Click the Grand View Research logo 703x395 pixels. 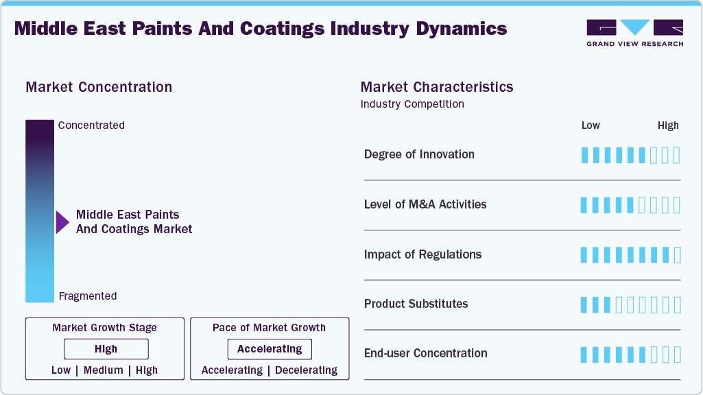[x=634, y=33]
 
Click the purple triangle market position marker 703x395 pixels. [x=62, y=222]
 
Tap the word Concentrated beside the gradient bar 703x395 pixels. [x=91, y=125]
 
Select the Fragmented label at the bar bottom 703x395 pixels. [x=88, y=296]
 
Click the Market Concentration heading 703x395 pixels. [x=99, y=87]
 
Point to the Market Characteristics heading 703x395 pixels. [x=437, y=87]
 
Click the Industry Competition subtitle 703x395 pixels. [x=412, y=104]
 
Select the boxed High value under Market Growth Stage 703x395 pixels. [x=106, y=349]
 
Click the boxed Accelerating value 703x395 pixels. [x=270, y=349]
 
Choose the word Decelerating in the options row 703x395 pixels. [x=307, y=370]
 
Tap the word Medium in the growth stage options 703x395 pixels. [x=104, y=370]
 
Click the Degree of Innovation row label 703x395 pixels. [x=419, y=154]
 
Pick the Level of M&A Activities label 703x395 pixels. [x=425, y=204]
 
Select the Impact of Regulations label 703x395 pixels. [x=422, y=254]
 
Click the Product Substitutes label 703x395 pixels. [x=416, y=304]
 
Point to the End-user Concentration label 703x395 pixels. [x=425, y=353]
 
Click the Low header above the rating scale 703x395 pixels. [x=591, y=125]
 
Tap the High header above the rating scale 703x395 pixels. [x=668, y=125]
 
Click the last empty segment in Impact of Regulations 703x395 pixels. [x=677, y=255]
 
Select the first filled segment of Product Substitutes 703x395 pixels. [x=584, y=304]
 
